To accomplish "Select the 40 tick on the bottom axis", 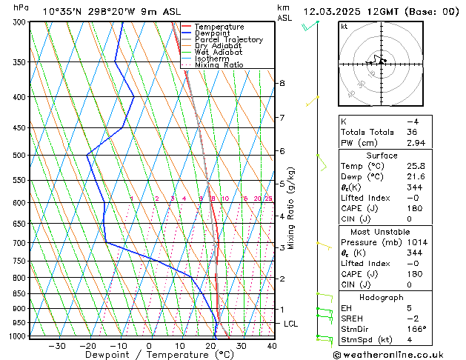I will pyautogui.click(x=271, y=345).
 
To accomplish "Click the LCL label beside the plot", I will pyautogui.click(x=291, y=324).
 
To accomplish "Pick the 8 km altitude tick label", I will pyautogui.click(x=282, y=83).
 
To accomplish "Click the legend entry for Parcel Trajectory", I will pyautogui.click(x=228, y=39).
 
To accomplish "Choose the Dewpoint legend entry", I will pyautogui.click(x=214, y=33).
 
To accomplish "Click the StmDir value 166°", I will pyautogui.click(x=416, y=329).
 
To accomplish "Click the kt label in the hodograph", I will pyautogui.click(x=344, y=26).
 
